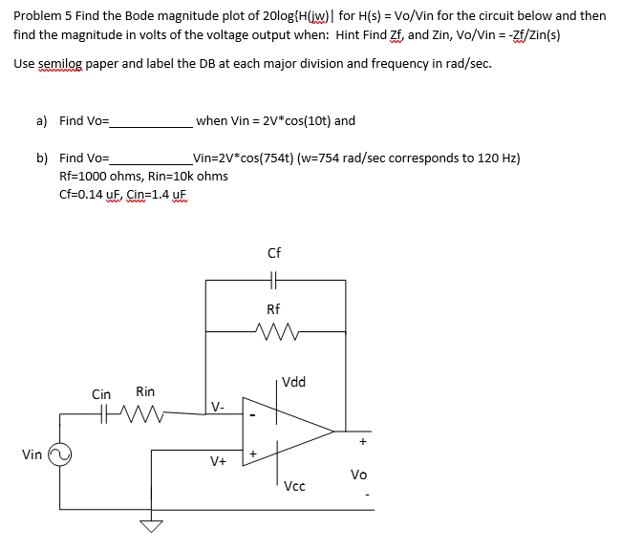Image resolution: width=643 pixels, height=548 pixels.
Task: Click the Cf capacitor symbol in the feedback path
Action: pos(273,281)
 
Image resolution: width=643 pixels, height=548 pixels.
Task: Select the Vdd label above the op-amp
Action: pos(294,382)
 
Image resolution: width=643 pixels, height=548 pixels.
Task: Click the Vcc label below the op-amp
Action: pos(294,486)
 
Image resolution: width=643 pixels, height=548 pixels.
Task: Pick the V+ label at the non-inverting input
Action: pos(218,461)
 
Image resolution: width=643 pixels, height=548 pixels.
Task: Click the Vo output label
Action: pos(358,474)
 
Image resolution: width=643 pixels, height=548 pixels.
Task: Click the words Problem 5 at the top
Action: pos(42,16)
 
